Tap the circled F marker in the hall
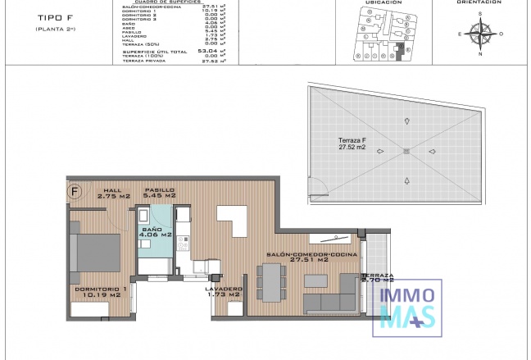coord(75,193)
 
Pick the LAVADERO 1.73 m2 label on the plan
coord(224,293)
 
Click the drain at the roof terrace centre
coord(406,150)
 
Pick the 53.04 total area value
coord(217,51)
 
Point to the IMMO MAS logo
coord(407,306)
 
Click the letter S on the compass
coord(481,14)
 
